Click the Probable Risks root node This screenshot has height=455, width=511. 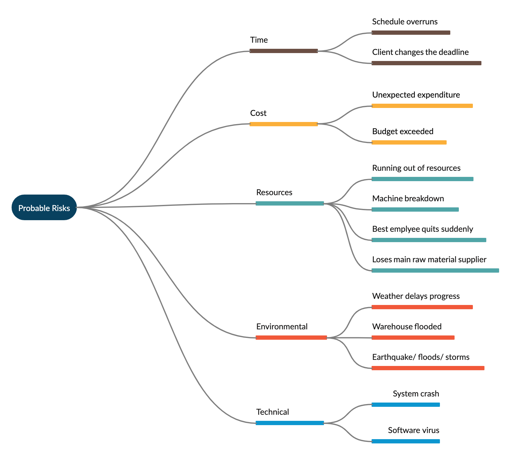click(44, 207)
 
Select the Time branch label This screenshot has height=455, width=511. click(259, 40)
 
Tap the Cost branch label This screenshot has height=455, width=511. click(258, 113)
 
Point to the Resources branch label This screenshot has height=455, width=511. click(274, 192)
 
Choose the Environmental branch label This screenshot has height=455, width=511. click(282, 327)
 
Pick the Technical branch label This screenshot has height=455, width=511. click(272, 412)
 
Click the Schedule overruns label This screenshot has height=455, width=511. click(405, 22)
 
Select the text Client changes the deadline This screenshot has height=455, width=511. click(420, 52)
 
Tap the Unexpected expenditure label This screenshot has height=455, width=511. click(416, 95)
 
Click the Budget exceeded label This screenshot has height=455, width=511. click(403, 131)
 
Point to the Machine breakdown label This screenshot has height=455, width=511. click(408, 199)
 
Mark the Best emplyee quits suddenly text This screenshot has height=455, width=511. click(423, 229)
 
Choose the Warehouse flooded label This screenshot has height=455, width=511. click(407, 327)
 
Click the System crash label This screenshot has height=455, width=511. click(416, 394)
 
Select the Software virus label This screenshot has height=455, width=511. click(414, 430)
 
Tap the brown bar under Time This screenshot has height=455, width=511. click(284, 51)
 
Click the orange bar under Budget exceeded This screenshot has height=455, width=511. click(409, 142)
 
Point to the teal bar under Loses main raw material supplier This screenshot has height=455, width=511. click(435, 270)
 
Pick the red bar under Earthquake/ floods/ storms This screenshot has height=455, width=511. click(428, 368)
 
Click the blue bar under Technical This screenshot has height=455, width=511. click(290, 423)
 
